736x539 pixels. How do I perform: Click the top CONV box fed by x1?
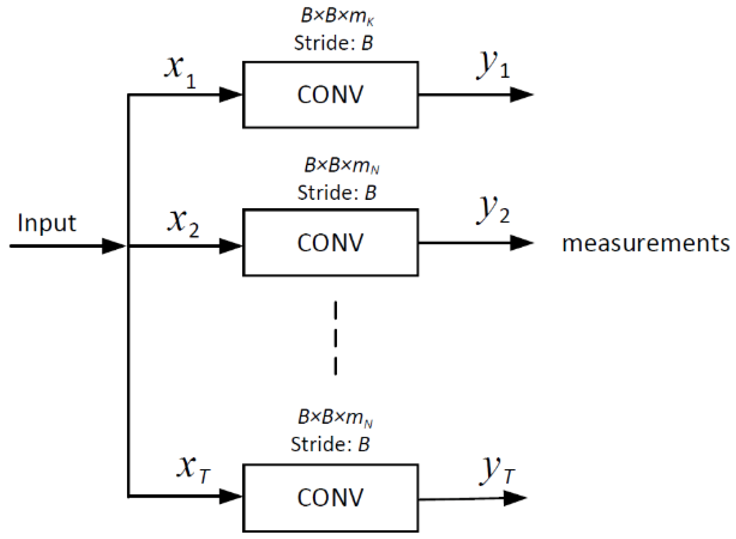(330, 95)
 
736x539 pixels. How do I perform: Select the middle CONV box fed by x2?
(330, 242)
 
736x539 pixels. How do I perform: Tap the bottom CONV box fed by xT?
(330, 498)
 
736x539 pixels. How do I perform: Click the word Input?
(47, 224)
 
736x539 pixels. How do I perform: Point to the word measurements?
(645, 243)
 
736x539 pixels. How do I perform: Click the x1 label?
(180, 70)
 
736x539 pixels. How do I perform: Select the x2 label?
(183, 222)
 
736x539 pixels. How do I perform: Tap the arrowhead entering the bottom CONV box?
(230, 497)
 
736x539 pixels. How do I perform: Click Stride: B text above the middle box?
(337, 192)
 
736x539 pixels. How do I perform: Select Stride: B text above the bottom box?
(330, 445)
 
